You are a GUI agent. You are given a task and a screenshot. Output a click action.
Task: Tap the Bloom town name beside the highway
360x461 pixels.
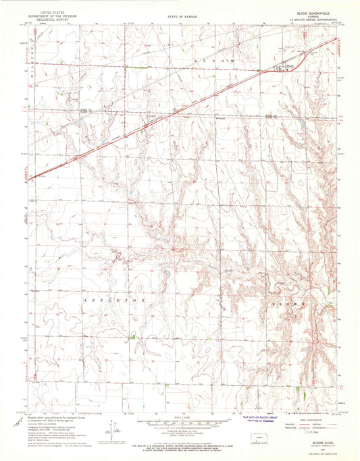pyautogui.click(x=291, y=65)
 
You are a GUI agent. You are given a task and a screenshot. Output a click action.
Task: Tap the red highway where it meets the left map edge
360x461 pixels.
pyautogui.click(x=30, y=178)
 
